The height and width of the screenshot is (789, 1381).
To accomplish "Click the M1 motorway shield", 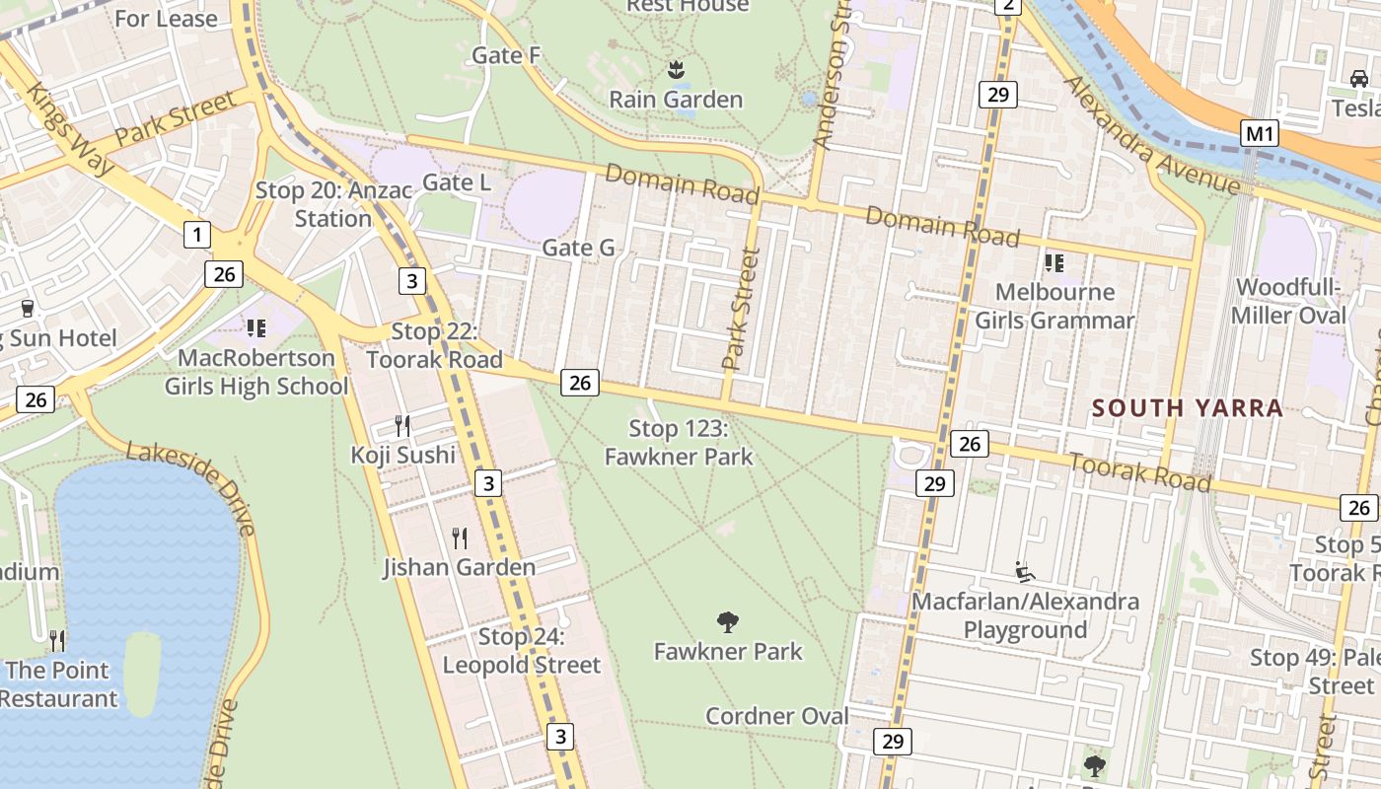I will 1259,133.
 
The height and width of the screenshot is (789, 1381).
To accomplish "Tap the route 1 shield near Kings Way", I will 197,235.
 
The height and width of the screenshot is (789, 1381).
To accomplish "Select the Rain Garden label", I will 676,100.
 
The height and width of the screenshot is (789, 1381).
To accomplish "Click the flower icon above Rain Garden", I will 676,69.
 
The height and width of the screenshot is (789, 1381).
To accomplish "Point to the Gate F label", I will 506,55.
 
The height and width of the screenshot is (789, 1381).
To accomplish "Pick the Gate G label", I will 578,249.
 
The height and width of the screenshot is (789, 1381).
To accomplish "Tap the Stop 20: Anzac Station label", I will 333,204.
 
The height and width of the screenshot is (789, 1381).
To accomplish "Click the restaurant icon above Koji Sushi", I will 402,426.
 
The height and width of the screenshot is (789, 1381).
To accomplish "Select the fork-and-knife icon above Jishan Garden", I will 460,538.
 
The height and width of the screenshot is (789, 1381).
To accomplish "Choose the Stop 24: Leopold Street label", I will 521,651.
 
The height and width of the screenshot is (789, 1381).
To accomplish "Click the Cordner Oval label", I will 777,716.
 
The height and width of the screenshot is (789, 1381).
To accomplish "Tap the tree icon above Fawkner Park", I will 728,621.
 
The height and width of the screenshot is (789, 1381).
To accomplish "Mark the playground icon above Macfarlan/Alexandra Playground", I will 1025,571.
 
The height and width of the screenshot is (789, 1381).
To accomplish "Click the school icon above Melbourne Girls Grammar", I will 1054,262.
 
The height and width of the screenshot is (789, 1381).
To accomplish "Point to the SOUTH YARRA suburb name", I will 1188,408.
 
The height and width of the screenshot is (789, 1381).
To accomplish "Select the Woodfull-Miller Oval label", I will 1290,302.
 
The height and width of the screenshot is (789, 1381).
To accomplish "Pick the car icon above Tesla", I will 1358,78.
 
